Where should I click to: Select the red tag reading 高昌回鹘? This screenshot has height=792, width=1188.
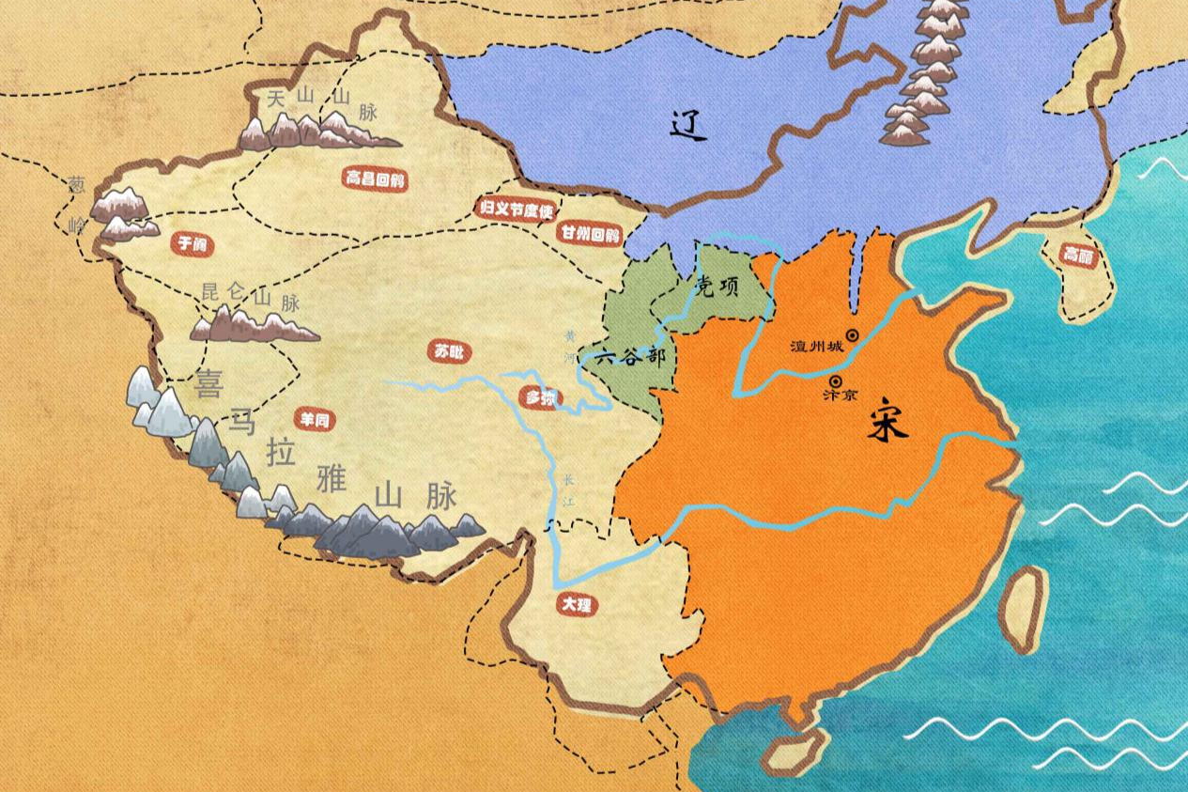(375, 179)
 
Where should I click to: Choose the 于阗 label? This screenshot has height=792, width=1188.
(191, 244)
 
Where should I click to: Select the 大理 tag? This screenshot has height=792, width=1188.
(575, 605)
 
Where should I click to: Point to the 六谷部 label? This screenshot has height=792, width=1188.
(630, 358)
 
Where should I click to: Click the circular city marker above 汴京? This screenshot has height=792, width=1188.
(836, 381)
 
